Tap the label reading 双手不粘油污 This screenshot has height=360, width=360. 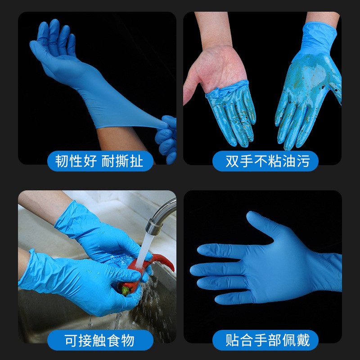(265, 161)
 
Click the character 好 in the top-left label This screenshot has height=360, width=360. (90, 161)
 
